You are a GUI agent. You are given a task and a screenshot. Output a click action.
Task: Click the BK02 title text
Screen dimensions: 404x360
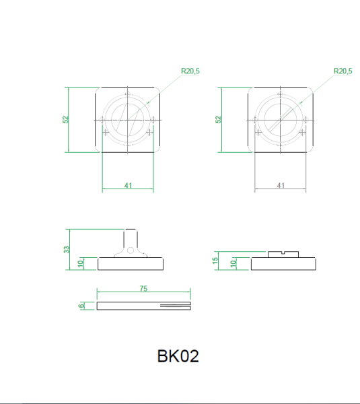click(x=178, y=356)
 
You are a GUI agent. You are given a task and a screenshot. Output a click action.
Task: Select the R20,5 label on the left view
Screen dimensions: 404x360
click(x=190, y=71)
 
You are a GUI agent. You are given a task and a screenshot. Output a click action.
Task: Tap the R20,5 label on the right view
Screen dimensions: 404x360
click(x=343, y=71)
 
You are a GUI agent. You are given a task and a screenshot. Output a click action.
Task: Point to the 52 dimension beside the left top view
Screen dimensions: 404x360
click(x=66, y=119)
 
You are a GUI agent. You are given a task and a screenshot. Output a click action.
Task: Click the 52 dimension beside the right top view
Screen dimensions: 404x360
click(x=218, y=119)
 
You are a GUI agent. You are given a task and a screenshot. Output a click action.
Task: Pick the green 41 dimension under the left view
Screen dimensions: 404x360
click(x=128, y=185)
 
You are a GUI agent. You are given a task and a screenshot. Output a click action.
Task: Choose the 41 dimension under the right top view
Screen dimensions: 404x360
click(x=281, y=185)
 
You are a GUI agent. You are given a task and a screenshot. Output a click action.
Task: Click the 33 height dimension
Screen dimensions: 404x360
click(x=66, y=249)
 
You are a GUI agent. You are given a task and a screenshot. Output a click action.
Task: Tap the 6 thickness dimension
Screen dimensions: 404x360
click(x=81, y=306)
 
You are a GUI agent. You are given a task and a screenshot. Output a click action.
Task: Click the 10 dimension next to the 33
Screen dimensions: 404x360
click(x=80, y=263)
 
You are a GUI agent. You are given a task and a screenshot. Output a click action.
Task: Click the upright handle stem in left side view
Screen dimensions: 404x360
click(x=131, y=239)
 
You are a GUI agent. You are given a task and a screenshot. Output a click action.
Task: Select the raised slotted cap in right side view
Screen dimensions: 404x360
click(x=283, y=254)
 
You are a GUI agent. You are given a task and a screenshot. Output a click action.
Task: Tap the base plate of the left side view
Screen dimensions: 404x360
click(x=131, y=263)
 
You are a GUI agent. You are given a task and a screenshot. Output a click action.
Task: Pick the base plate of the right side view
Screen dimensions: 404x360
click(x=283, y=263)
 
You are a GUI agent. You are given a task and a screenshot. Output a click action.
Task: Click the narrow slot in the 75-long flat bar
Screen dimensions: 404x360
click(x=175, y=306)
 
